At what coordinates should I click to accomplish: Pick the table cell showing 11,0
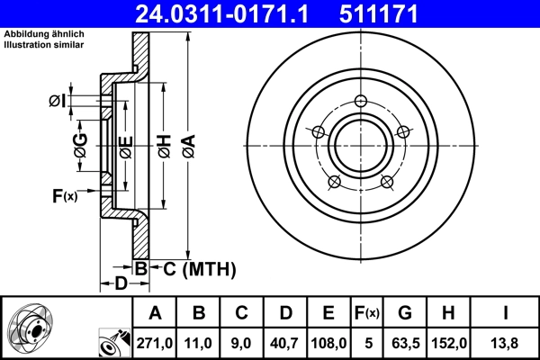(x=199, y=343)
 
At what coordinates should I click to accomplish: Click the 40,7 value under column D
(x=285, y=343)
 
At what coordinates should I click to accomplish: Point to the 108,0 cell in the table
(x=328, y=343)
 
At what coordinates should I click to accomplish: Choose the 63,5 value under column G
(x=405, y=343)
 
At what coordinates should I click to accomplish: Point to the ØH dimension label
(x=163, y=144)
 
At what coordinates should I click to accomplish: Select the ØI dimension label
(x=57, y=101)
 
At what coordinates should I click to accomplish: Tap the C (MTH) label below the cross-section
(x=193, y=267)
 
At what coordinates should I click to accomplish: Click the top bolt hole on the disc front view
(x=361, y=100)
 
